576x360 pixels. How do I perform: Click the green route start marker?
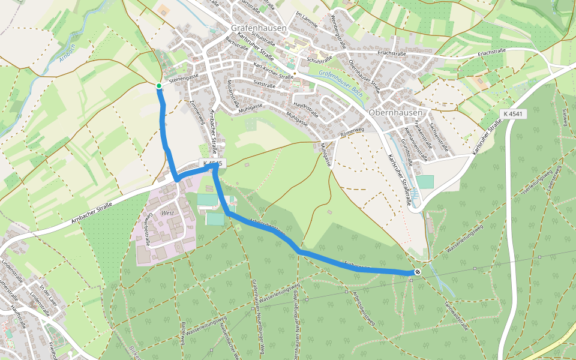[x=159, y=86]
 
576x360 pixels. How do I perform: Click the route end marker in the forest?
[x=416, y=272]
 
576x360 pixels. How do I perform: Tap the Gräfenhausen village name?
[x=259, y=28]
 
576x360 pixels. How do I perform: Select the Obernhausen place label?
[x=396, y=112]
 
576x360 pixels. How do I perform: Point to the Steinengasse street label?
[x=184, y=78]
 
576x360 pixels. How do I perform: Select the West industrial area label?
[x=167, y=213]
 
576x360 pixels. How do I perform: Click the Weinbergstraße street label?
[x=339, y=36]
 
